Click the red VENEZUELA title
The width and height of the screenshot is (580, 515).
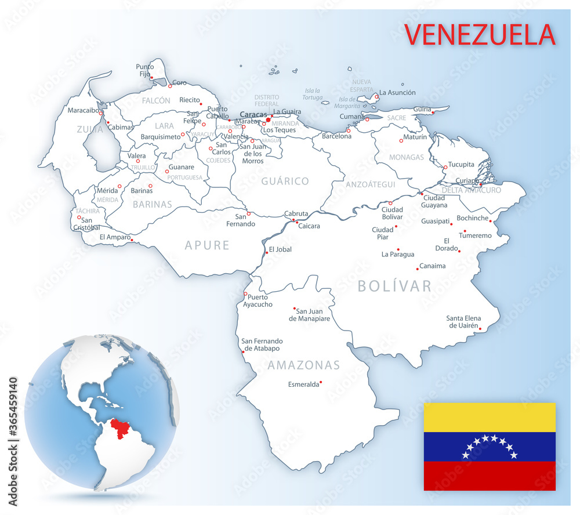tap(480, 35)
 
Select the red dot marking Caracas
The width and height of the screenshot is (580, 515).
tap(268, 120)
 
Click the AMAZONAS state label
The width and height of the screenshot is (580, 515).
tap(303, 365)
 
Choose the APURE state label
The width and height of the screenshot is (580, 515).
tap(208, 245)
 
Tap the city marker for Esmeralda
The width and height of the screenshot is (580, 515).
tap(321, 382)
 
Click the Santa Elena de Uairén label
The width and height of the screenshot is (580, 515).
tap(463, 322)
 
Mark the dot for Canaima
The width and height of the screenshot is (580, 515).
tap(417, 269)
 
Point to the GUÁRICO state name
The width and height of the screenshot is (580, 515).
tap(285, 182)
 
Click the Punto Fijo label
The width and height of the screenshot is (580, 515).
tap(144, 70)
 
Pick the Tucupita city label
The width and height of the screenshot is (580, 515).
tap(462, 164)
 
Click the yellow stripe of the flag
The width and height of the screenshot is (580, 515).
tap(490, 418)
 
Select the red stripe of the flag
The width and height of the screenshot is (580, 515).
tap(490, 476)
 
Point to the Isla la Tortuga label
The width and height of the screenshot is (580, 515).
tap(313, 94)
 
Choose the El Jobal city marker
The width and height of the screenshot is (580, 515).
tap(266, 252)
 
